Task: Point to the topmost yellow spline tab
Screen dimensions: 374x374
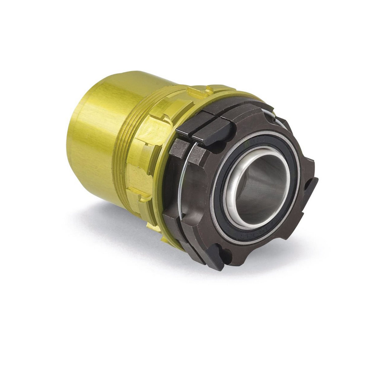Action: click(x=199, y=92)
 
